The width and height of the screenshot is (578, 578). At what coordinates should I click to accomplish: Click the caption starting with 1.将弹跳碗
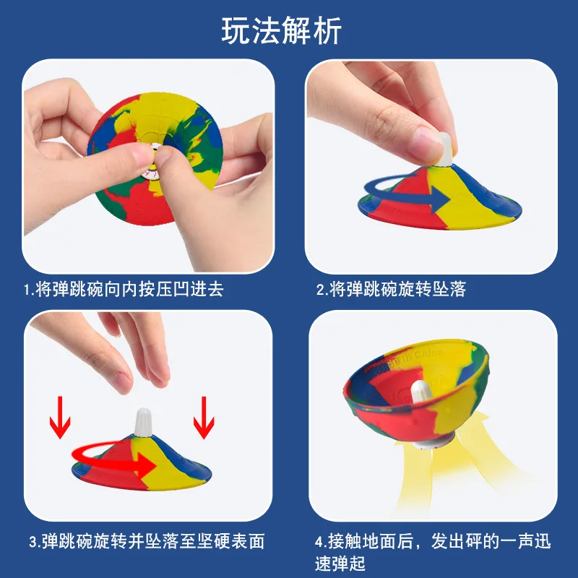[123, 290]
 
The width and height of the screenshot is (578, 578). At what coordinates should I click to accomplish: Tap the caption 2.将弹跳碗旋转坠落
[391, 290]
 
